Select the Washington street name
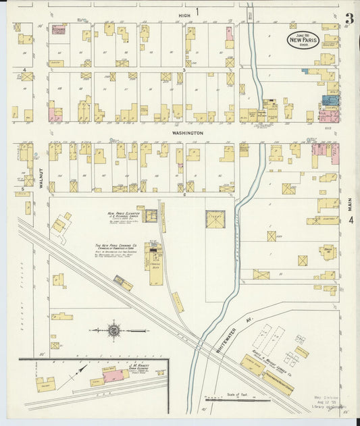[187, 133]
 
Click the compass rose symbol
[114, 330]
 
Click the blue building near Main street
[330, 100]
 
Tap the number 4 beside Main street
[351, 219]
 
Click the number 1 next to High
[198, 11]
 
